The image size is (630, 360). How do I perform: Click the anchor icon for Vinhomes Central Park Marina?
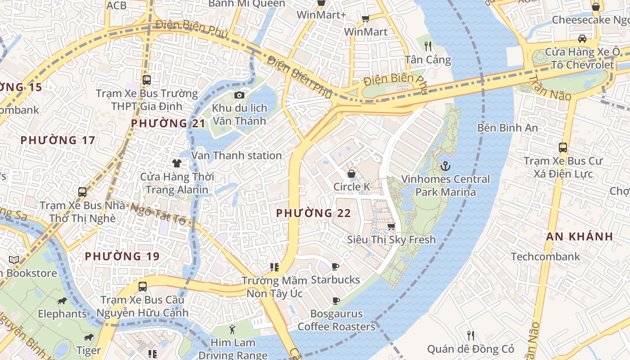445,166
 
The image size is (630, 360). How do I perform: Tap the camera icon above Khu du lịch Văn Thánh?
239,95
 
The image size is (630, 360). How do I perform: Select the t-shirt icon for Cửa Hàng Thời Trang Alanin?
177,163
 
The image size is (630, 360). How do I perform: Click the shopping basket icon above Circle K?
351,174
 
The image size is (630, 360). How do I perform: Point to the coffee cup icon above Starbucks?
335,267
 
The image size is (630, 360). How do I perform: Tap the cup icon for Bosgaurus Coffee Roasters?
336,301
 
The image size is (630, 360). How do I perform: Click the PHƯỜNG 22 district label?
313,213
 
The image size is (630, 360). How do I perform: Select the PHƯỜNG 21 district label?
168,123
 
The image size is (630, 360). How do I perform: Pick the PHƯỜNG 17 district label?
58,140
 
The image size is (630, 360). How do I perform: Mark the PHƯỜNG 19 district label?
122,256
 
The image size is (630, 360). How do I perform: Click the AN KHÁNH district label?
580,236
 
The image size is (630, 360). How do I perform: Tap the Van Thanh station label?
237,155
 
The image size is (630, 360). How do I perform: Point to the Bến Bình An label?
508,128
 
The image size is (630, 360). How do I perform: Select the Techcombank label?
545,256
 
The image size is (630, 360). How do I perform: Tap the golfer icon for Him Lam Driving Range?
232,329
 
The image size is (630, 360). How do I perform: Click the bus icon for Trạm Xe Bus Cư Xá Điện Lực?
562,147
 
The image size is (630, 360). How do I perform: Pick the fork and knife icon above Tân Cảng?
428,46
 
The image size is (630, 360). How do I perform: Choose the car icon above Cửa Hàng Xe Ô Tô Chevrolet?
582,38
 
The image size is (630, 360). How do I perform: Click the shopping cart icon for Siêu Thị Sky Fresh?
391,226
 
